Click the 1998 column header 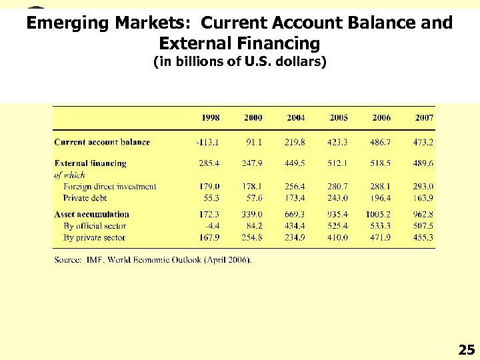211,117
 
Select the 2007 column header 423,117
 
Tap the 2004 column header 296,117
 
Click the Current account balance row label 102,142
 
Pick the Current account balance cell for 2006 381,142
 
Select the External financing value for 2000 253,163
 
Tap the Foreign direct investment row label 110,187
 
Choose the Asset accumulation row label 91,214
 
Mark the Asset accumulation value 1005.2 378,214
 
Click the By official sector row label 95,226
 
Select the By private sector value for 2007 423,237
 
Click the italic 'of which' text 69,175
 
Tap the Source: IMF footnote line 153,260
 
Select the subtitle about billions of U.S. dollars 240,63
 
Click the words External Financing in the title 240,44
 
